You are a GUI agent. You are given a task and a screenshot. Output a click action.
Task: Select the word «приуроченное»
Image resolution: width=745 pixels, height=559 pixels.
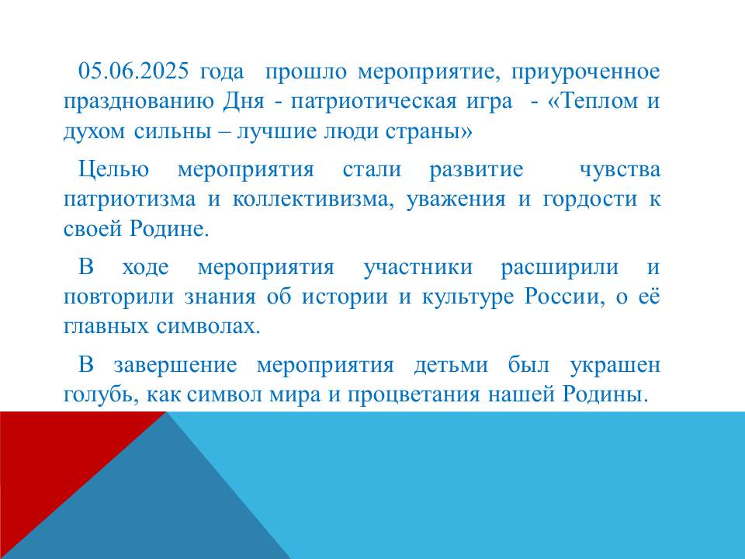[586, 72]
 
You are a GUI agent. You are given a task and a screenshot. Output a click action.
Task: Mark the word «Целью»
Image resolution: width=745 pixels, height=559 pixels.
[113, 170]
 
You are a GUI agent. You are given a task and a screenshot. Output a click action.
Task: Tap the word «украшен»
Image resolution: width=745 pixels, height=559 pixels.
[615, 366]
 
